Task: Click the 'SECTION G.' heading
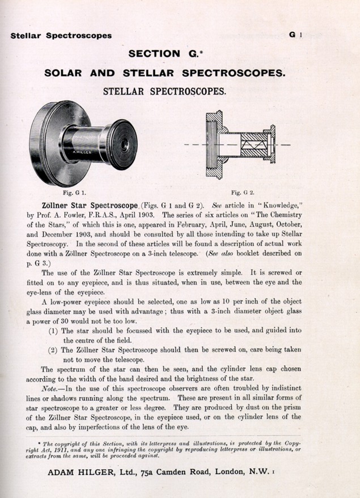point(166,54)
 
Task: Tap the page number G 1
point(295,35)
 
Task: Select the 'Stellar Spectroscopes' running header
point(61,36)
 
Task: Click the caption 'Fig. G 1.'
point(74,193)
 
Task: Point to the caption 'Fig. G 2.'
point(243,193)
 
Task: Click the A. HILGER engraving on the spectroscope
point(82,152)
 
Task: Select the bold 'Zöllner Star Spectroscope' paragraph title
point(90,206)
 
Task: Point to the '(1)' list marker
point(53,331)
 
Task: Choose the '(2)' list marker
point(53,350)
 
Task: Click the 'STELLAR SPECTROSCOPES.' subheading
point(164,91)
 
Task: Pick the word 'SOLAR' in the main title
point(63,73)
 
